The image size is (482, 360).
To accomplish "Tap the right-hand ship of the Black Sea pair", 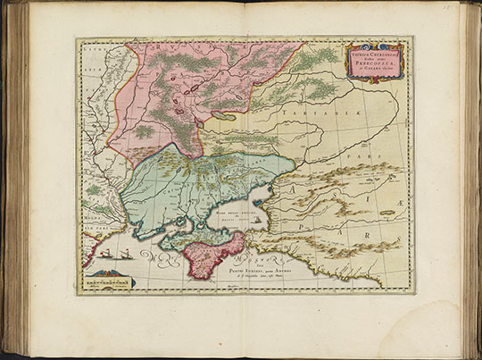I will (114, 255).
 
